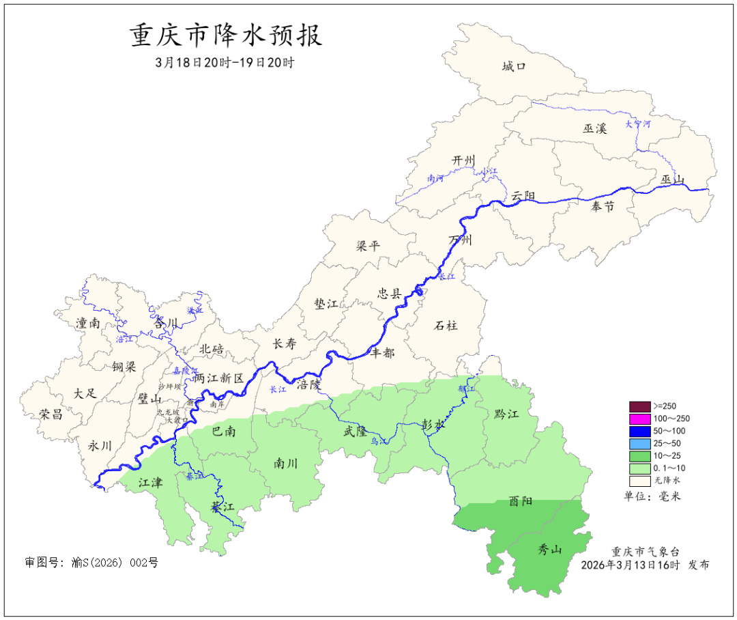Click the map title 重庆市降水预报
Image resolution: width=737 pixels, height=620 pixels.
(x=226, y=36)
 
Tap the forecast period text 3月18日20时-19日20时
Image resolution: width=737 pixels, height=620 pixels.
(x=225, y=62)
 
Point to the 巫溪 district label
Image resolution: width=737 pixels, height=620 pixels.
(x=594, y=128)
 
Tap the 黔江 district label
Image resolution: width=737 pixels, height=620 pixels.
(x=506, y=414)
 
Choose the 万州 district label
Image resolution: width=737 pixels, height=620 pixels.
(x=461, y=240)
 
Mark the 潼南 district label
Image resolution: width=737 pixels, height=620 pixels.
(x=88, y=323)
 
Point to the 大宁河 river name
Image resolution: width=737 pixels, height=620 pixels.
(x=638, y=124)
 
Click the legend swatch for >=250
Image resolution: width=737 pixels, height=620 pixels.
(x=639, y=406)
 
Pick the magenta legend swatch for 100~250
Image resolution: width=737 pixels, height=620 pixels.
(x=639, y=419)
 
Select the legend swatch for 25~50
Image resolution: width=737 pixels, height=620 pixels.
(x=639, y=444)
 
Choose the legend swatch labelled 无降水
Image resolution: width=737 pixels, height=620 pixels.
(x=639, y=481)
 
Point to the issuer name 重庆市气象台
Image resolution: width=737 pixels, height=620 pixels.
(x=645, y=552)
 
